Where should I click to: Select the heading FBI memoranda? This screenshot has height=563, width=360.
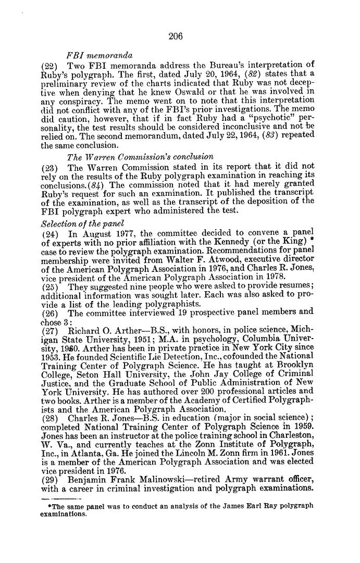point(99,55)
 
